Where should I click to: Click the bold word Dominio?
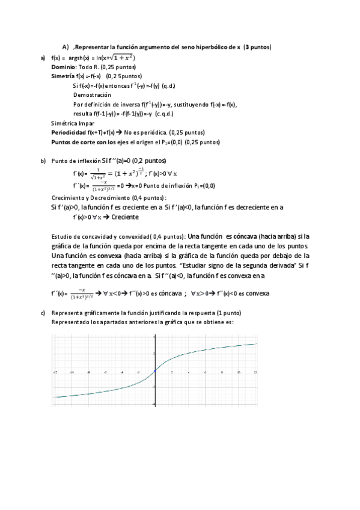tap(64, 67)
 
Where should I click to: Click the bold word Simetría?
tap(63, 76)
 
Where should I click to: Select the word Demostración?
tap(92, 95)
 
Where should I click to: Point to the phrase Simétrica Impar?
tap(72, 123)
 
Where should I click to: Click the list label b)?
tap(43, 161)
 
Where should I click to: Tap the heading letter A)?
tap(66, 47)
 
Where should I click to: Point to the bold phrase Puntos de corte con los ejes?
tap(91, 142)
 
